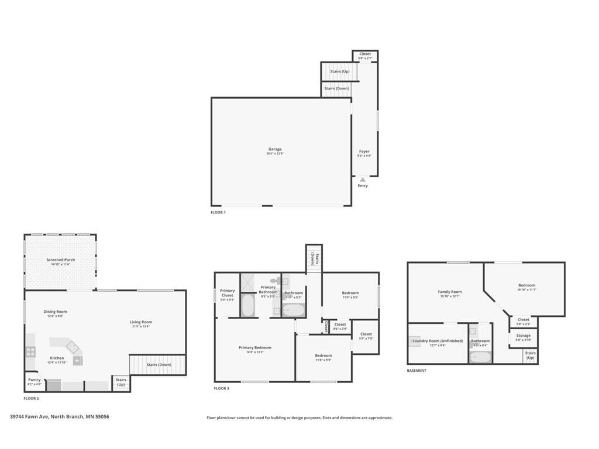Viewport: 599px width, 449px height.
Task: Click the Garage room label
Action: (x=275, y=149)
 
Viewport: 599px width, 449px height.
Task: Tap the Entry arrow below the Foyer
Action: (x=363, y=180)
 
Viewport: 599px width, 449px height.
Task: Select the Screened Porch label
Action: (x=61, y=260)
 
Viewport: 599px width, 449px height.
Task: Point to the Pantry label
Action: (x=35, y=380)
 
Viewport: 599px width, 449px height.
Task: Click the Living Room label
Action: (x=141, y=322)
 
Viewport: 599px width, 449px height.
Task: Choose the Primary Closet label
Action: (x=228, y=293)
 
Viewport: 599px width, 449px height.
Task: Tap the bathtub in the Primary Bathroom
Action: (x=247, y=306)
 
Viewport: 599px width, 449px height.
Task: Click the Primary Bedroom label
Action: (x=255, y=348)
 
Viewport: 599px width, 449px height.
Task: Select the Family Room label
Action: (x=450, y=292)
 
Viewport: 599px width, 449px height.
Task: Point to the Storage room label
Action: (x=524, y=336)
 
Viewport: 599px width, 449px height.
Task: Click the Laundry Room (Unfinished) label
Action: (x=438, y=341)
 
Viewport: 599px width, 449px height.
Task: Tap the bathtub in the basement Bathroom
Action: (x=480, y=356)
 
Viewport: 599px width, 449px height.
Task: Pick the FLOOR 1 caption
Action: (x=218, y=212)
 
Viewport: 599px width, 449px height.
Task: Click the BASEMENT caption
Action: (x=416, y=371)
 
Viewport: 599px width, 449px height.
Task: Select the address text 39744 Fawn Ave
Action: (x=29, y=417)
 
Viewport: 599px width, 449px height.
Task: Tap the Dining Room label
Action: (x=56, y=312)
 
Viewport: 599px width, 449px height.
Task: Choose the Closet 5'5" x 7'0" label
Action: (x=366, y=334)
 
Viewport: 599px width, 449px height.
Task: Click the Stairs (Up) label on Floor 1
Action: (x=340, y=71)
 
